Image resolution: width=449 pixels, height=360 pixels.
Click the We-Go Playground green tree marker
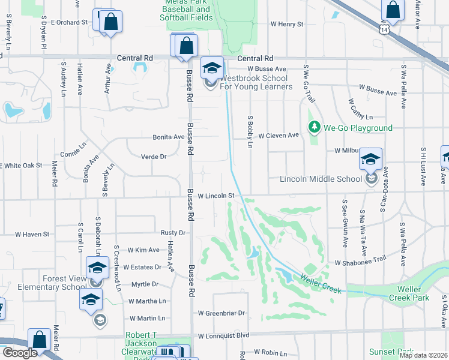313,127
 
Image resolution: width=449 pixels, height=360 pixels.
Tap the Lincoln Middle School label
320,179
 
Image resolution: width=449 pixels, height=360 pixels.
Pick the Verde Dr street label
152,156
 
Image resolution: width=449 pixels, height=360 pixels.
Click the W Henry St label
287,25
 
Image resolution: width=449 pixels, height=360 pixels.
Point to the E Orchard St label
69,22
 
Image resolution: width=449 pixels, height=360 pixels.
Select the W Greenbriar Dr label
222,313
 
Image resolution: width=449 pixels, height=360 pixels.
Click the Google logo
19,352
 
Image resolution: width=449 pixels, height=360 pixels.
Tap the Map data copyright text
423,355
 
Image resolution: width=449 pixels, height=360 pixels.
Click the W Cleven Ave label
279,136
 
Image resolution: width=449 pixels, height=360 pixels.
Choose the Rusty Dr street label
173,233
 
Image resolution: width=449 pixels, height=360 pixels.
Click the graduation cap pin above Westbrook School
212,68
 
